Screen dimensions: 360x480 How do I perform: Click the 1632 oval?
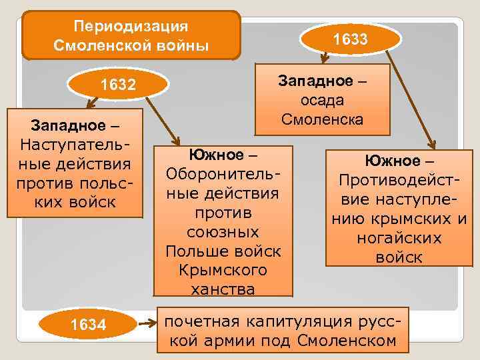(x=117, y=85)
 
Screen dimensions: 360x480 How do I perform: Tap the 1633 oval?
(x=350, y=39)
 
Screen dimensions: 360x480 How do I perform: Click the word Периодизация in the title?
(x=131, y=27)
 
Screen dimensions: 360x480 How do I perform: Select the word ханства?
(x=223, y=289)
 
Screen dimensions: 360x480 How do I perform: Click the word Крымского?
(x=223, y=270)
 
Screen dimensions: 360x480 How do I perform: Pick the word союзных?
(x=223, y=232)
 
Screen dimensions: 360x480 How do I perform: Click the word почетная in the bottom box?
(x=203, y=321)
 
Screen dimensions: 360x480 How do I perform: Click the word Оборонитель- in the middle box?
(x=223, y=174)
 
